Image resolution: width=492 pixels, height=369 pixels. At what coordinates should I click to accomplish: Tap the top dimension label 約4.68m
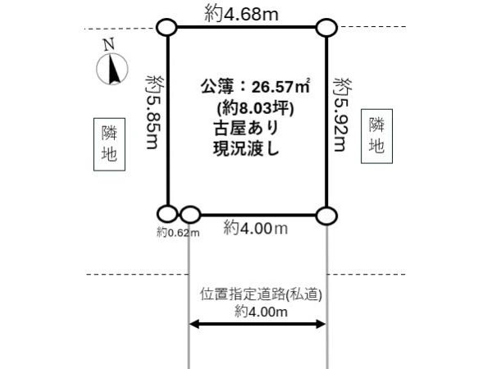[x=245, y=12]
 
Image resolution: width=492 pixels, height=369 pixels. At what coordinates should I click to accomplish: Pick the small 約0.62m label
[x=178, y=233]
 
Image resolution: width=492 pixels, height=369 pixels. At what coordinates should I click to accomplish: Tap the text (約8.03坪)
[x=251, y=107]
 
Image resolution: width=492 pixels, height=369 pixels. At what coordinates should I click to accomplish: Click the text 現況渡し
[x=244, y=148]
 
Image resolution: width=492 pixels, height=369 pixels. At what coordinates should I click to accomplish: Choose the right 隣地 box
[x=376, y=135]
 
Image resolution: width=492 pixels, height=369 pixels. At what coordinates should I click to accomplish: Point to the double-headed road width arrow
[x=257, y=325]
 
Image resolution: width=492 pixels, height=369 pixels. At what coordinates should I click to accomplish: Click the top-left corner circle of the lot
[x=166, y=28]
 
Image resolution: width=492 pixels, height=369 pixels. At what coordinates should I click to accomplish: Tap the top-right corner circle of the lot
[x=326, y=27]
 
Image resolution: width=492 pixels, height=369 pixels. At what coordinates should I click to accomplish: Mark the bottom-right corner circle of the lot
[x=326, y=216]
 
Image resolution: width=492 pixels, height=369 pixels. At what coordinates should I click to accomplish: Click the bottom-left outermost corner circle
[x=167, y=215]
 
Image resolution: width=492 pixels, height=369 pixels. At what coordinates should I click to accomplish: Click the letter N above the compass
[x=108, y=45]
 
